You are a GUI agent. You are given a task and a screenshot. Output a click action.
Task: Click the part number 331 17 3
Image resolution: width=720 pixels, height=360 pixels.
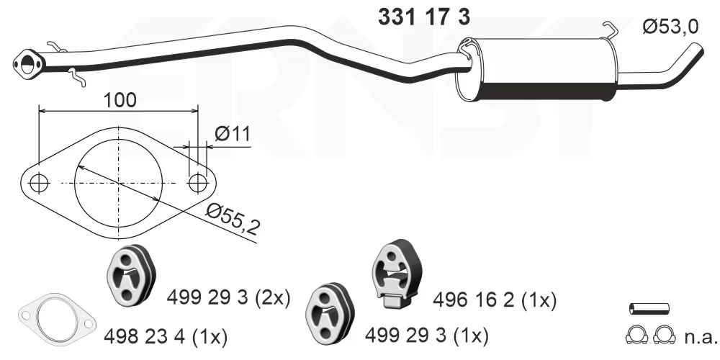click(424, 17)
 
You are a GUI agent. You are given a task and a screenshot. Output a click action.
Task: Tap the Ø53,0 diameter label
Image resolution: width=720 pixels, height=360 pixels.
click(670, 27)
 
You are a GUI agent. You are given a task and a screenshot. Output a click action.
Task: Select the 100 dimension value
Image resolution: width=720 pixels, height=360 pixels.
click(120, 99)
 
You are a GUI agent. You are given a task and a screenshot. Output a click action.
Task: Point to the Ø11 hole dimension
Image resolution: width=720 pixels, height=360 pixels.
click(233, 134)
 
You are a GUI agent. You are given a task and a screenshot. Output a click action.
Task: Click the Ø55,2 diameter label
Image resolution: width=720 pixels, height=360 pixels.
click(233, 219)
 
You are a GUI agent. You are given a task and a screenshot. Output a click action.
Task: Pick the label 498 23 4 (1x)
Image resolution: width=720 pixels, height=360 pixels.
click(166, 338)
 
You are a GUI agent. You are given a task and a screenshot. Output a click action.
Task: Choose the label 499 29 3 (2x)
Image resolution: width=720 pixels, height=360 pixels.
click(229, 299)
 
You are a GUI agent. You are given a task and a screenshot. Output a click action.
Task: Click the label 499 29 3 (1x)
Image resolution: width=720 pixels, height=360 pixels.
click(426, 336)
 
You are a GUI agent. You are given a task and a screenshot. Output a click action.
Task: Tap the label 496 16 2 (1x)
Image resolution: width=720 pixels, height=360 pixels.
click(495, 301)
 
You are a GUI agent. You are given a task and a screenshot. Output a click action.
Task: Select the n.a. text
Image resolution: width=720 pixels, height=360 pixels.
click(701, 337)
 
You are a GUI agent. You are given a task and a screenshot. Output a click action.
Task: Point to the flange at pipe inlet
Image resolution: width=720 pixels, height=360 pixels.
click(28, 63)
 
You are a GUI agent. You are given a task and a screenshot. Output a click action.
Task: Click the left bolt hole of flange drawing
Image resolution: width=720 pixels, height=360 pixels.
click(39, 183)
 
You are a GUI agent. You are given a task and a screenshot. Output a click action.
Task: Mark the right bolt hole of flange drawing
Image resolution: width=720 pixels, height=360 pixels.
click(198, 183)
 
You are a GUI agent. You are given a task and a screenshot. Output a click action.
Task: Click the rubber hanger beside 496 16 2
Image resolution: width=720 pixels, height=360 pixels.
click(397, 274)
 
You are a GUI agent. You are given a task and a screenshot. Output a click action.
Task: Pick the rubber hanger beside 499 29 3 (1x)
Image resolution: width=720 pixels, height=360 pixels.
click(330, 314)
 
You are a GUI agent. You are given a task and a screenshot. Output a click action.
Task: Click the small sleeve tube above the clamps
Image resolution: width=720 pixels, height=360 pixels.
click(649, 309)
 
